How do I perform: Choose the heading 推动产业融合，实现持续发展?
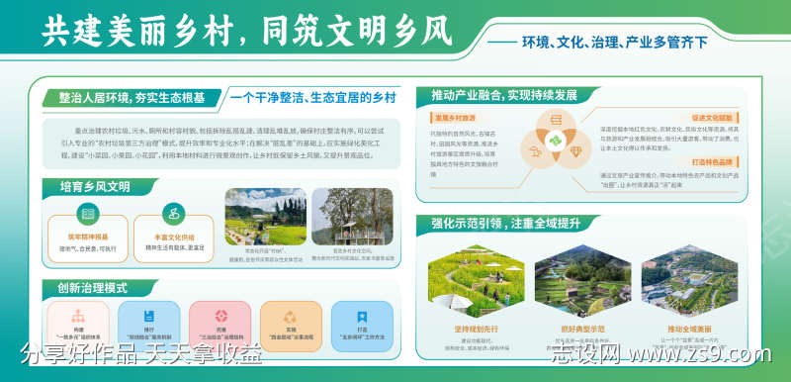pos(503,96)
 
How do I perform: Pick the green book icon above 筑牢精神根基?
pos(88,213)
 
